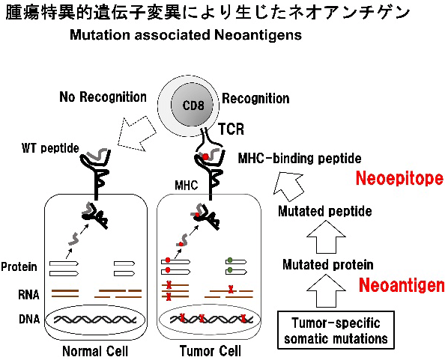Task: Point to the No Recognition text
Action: pyautogui.click(x=103, y=97)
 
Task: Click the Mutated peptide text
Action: pyautogui.click(x=324, y=212)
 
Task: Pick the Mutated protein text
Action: pyautogui.click(x=327, y=264)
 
